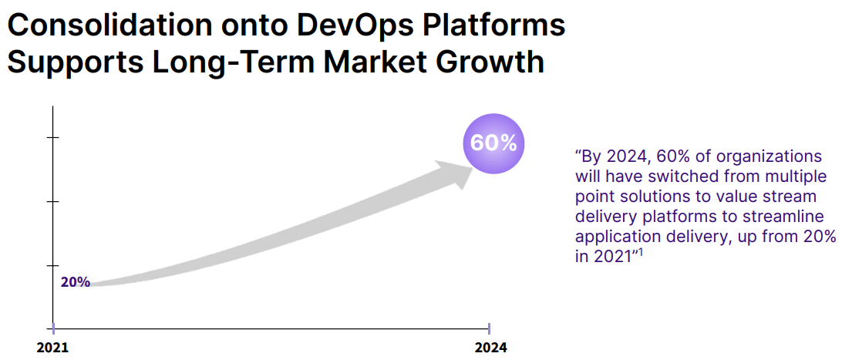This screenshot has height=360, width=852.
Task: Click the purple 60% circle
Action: [493, 143]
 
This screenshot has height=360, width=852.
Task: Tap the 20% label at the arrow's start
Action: [76, 282]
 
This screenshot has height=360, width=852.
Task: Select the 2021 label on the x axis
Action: [52, 347]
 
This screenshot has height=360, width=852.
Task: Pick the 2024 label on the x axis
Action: [490, 347]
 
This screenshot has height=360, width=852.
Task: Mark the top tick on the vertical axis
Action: [52, 137]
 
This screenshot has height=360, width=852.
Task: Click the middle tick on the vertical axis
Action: [52, 202]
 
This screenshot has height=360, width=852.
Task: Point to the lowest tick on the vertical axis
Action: [52, 266]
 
